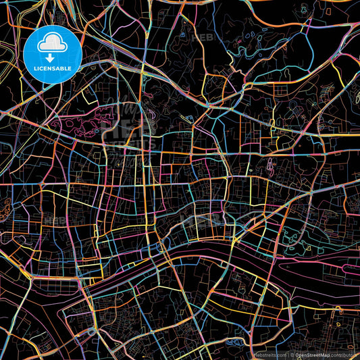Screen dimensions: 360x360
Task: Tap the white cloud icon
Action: click(x=53, y=45)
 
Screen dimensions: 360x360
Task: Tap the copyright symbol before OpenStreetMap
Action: click(x=292, y=354)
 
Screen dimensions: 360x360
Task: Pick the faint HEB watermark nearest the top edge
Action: click(x=203, y=38)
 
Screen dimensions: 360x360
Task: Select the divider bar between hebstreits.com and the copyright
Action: click(x=288, y=354)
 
